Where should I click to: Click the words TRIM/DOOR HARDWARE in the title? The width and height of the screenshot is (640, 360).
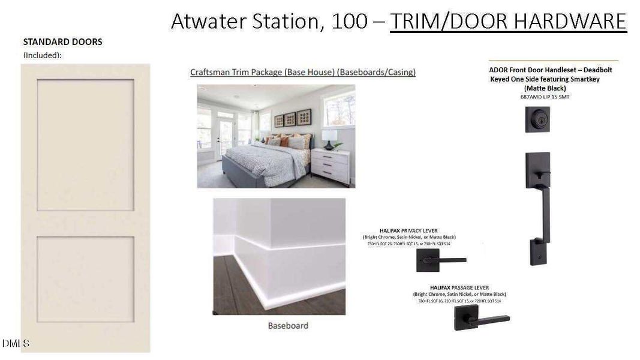click(x=508, y=21)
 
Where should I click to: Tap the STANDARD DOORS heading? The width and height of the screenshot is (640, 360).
click(x=62, y=42)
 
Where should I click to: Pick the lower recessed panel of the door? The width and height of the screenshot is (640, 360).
click(x=85, y=278)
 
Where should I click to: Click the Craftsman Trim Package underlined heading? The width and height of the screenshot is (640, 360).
click(x=303, y=72)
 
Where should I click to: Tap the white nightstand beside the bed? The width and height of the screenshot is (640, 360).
click(x=330, y=166)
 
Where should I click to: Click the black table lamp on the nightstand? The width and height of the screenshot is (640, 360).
click(x=329, y=139)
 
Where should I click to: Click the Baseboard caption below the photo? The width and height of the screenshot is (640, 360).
click(x=288, y=325)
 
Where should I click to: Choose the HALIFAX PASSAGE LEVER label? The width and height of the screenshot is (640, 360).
click(x=459, y=287)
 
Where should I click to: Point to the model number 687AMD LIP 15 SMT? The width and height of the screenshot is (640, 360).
click(x=553, y=96)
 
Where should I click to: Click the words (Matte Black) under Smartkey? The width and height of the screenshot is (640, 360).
click(x=553, y=88)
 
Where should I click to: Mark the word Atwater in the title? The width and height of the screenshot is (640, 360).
click(x=209, y=21)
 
